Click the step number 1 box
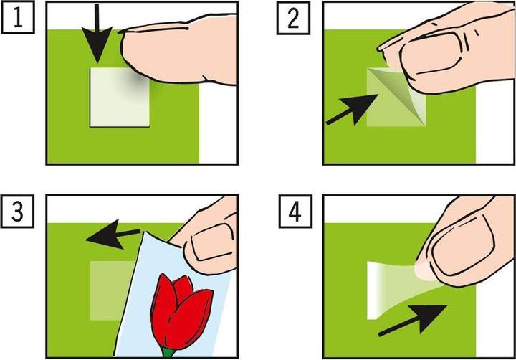tap(18, 17)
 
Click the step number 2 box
tap(293, 18)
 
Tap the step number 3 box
tap(17, 211)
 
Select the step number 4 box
tap(295, 212)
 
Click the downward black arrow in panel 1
tap(97, 34)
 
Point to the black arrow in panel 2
tap(351, 110)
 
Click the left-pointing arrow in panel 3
tap(113, 235)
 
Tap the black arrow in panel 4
tap(413, 320)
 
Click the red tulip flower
tap(181, 312)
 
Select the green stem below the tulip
tap(168, 354)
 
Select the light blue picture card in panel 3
tap(174, 296)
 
